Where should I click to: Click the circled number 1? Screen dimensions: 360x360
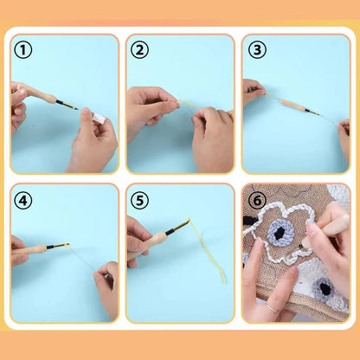coord(23,50)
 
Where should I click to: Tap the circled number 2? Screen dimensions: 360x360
coord(139,50)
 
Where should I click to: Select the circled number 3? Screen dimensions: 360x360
coord(255,50)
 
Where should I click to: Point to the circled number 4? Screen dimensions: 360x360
coord(23,199)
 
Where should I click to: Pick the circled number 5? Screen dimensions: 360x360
coord(139,199)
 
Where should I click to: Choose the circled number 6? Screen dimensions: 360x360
coord(255,199)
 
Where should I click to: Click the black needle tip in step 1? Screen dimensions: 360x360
coord(68,106)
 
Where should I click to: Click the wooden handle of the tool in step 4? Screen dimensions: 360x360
coord(33,250)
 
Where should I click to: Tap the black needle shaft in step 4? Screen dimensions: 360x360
coord(57,246)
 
